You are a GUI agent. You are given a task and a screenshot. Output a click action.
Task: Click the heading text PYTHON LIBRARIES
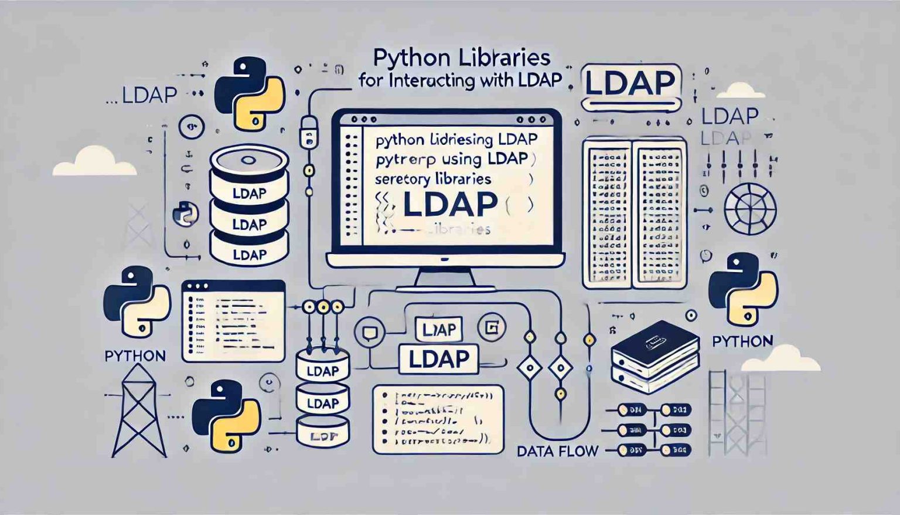tap(462, 58)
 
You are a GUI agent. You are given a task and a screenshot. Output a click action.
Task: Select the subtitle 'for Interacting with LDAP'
tap(460, 80)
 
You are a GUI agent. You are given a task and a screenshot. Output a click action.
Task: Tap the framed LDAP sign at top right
tap(630, 84)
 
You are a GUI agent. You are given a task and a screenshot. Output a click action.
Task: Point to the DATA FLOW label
tap(558, 451)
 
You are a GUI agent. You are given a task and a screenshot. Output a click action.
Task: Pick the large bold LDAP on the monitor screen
tap(451, 204)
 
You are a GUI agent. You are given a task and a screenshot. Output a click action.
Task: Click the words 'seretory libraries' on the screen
tap(433, 179)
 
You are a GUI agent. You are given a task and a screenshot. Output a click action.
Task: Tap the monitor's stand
tap(445, 279)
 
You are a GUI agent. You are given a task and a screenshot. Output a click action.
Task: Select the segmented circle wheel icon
tap(750, 209)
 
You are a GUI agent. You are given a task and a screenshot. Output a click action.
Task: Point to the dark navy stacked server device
tap(655, 352)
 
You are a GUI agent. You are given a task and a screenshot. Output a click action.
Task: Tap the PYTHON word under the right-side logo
tap(742, 341)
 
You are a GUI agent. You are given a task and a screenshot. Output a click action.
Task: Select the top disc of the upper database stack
tap(249, 160)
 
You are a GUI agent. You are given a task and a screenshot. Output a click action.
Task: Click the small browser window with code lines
tap(233, 320)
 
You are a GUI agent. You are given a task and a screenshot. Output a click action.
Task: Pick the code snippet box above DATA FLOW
tap(438, 419)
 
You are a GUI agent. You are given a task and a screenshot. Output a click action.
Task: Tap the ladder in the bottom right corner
tap(737, 414)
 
